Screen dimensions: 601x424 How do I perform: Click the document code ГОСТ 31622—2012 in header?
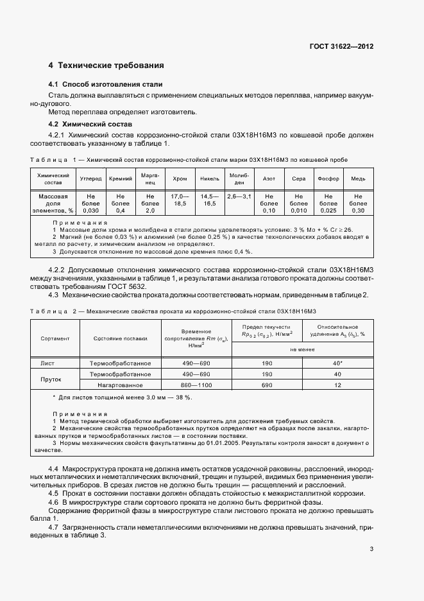click(x=342, y=47)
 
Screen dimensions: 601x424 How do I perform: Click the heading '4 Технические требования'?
click(x=106, y=65)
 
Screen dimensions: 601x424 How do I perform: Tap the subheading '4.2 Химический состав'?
click(x=90, y=123)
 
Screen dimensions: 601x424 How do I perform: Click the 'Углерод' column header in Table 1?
click(x=90, y=178)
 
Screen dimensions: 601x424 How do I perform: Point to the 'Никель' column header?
click(x=209, y=178)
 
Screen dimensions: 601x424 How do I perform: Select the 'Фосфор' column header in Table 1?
click(x=328, y=178)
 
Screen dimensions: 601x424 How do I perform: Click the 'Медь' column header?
click(x=358, y=178)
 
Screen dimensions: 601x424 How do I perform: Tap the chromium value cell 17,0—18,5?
click(x=180, y=200)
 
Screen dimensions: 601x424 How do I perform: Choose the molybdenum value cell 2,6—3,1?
click(x=239, y=195)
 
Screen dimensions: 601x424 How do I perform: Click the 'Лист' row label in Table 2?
click(x=47, y=363)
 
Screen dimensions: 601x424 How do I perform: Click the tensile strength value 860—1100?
click(x=196, y=385)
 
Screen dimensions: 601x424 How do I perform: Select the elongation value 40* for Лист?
click(x=338, y=363)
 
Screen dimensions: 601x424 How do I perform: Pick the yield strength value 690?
click(x=267, y=385)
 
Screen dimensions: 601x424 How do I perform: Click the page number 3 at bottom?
click(x=371, y=549)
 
